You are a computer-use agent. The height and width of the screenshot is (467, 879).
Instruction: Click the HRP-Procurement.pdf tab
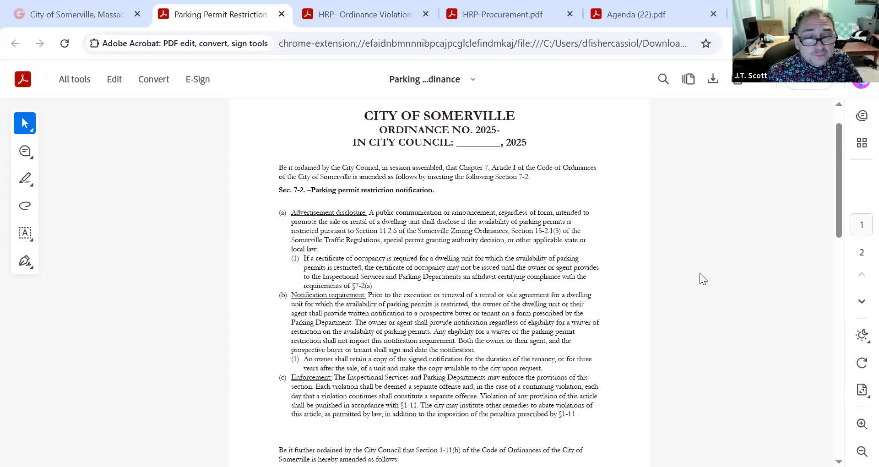tap(502, 14)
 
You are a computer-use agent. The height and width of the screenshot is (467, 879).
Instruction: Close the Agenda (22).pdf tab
tap(713, 14)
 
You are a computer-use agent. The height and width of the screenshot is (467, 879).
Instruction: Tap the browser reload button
tap(65, 43)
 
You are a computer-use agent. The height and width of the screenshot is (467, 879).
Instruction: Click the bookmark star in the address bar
tap(706, 43)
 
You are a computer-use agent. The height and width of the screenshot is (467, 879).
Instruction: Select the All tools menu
tap(75, 79)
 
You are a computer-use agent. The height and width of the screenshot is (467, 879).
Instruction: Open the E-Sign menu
tap(198, 79)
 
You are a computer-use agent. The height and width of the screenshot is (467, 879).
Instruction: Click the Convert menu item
tap(153, 79)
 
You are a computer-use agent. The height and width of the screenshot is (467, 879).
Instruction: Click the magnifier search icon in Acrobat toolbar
tap(663, 79)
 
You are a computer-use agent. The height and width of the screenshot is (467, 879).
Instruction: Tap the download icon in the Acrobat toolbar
tap(713, 79)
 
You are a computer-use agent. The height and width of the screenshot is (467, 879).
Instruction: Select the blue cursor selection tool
tap(25, 123)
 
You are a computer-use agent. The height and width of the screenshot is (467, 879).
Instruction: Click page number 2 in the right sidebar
tap(862, 252)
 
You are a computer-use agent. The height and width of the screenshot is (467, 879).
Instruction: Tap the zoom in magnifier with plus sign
tap(862, 424)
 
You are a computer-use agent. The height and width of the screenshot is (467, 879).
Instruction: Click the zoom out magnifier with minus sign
tap(862, 451)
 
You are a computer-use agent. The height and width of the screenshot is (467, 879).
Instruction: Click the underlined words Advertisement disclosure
tap(329, 212)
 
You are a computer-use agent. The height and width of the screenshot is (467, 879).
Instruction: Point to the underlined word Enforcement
tap(311, 377)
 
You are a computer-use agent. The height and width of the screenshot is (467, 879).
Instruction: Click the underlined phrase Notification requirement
tap(328, 295)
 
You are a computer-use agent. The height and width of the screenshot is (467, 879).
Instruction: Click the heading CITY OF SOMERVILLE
tap(439, 115)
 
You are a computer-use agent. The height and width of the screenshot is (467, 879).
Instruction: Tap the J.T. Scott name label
tap(751, 76)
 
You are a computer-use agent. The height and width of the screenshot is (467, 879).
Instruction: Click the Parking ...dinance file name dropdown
tap(432, 79)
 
